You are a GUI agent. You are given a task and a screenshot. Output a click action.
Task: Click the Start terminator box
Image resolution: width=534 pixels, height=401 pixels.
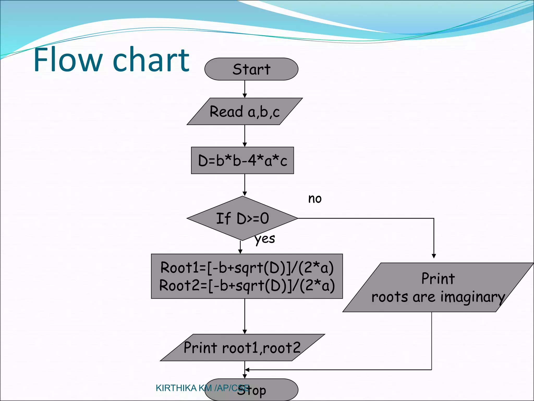[251, 69]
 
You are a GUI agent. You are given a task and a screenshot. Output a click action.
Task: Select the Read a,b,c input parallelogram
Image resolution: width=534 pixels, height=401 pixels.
[245, 112]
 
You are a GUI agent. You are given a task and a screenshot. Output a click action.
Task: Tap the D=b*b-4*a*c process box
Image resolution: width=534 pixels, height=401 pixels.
[242, 160]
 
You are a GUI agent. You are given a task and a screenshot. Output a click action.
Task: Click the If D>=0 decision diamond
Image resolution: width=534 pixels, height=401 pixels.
[242, 218]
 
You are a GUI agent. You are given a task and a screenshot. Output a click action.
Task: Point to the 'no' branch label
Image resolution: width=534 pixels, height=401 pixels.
[315, 199]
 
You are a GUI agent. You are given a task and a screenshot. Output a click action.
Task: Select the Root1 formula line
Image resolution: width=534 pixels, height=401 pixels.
[247, 268]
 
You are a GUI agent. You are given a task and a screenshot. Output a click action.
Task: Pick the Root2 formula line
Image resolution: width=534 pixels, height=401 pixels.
[247, 285]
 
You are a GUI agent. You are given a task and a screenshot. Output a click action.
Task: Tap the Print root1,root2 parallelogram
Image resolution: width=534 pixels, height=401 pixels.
[242, 347]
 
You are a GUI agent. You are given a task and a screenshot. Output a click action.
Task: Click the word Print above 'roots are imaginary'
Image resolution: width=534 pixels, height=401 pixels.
[438, 278]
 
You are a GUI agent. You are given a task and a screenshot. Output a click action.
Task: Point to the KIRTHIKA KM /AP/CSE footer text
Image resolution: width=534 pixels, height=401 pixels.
[202, 388]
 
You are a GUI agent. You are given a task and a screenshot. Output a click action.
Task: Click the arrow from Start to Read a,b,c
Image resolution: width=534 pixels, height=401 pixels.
[245, 89]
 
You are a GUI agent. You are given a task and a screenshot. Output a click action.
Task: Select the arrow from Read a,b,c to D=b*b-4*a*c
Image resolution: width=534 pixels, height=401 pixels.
[245, 136]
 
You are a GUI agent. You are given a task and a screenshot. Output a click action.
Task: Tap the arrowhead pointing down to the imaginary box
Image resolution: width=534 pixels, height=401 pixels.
[434, 256]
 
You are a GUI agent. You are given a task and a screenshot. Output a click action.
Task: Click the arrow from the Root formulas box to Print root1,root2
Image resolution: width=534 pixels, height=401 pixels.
[245, 316]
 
